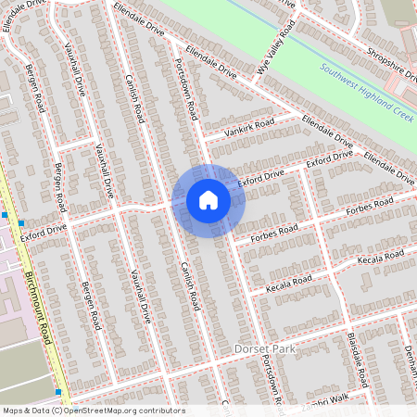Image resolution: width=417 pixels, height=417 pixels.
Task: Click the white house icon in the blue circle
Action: (x=208, y=200)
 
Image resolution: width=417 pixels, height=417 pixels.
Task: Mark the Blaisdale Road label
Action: (x=361, y=358)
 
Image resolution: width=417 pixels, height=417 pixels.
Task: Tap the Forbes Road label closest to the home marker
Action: (x=275, y=228)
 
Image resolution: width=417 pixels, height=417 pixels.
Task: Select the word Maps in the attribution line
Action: (x=12, y=411)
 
